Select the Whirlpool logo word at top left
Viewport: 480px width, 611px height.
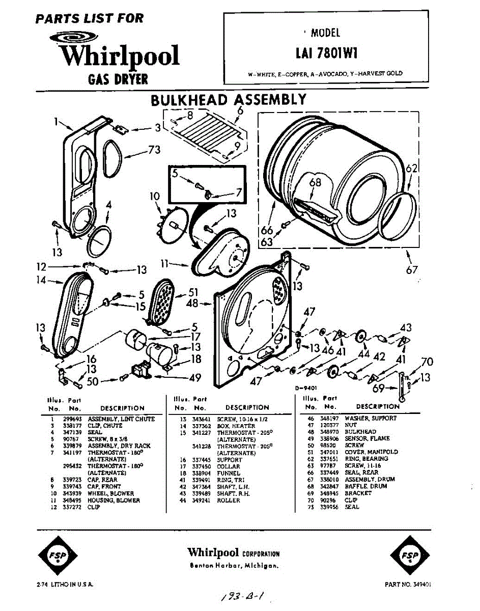click(120, 55)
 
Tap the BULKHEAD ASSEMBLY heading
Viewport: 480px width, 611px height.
click(229, 100)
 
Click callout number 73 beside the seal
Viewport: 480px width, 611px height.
click(154, 150)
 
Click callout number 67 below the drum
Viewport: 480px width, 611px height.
click(411, 270)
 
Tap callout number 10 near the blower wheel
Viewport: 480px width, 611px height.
click(155, 196)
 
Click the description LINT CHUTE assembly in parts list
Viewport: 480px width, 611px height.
click(121, 419)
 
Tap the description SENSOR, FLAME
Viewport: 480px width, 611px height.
click(367, 438)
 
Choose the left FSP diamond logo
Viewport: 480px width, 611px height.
click(56, 554)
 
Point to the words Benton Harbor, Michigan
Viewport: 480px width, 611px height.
click(234, 566)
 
